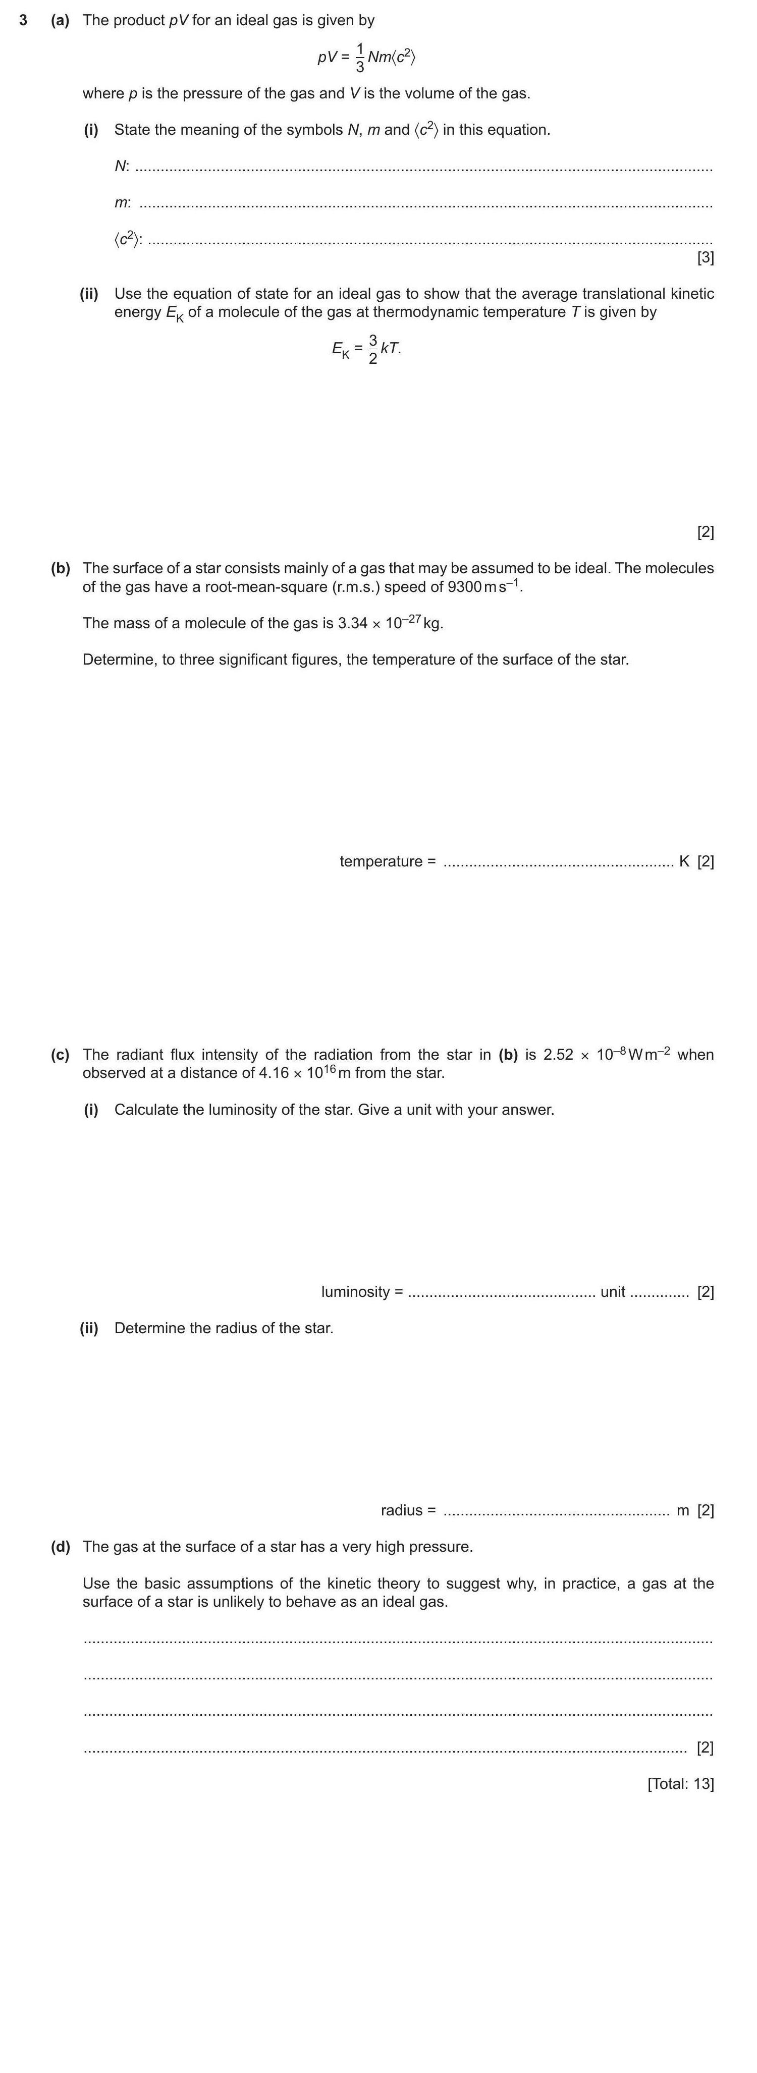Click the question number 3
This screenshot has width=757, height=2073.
tap(24, 20)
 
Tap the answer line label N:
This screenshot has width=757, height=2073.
tap(122, 167)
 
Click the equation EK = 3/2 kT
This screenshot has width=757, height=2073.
tap(366, 349)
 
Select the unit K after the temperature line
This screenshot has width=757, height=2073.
tap(684, 861)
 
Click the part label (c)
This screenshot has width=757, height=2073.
tap(61, 1054)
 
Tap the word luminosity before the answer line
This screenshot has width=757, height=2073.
tap(356, 1292)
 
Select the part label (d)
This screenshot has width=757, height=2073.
tap(61, 1547)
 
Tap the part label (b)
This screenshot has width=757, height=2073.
tap(61, 568)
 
